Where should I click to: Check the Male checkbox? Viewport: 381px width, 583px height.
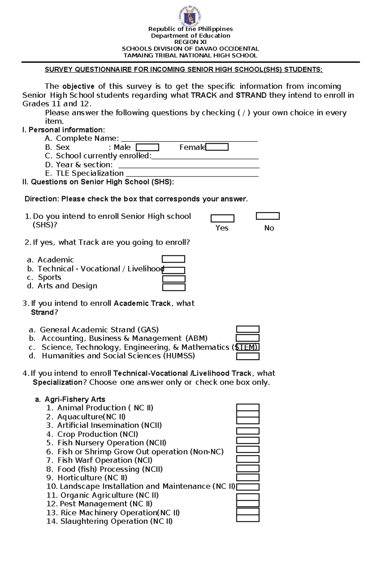(x=147, y=147)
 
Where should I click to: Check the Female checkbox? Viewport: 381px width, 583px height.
(x=217, y=147)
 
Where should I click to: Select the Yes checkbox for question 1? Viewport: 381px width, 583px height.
(x=223, y=219)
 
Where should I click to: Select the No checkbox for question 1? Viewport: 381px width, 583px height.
(x=268, y=216)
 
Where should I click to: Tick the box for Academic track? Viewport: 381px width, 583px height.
(x=173, y=259)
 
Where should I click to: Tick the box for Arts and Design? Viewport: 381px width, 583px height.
(x=174, y=287)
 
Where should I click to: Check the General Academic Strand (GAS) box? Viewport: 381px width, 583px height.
(x=248, y=329)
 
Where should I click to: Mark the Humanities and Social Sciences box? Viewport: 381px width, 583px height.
(x=248, y=356)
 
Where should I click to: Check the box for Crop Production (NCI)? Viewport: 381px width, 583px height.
(x=248, y=431)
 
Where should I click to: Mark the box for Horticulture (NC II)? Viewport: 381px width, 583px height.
(x=248, y=478)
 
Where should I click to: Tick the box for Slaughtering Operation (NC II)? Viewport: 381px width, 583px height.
(x=248, y=518)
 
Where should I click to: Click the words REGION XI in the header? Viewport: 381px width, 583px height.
(x=190, y=42)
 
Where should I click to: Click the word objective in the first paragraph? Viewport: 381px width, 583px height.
(x=78, y=86)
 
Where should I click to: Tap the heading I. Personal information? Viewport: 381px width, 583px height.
(x=63, y=130)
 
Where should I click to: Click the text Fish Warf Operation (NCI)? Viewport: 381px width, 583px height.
(x=105, y=460)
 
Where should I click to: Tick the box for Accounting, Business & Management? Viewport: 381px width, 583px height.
(x=248, y=338)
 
